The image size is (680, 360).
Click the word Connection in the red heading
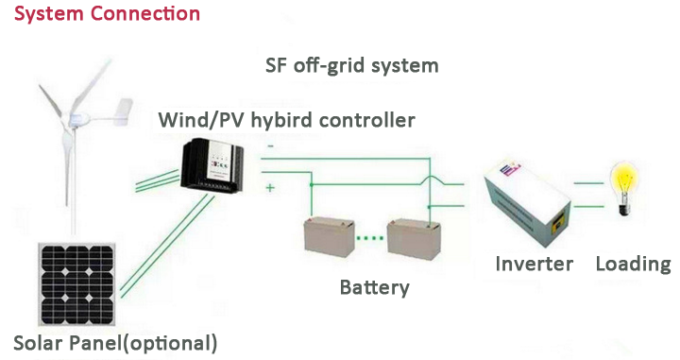(x=145, y=13)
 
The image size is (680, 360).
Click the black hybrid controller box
(x=212, y=164)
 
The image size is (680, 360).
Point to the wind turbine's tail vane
(x=124, y=111)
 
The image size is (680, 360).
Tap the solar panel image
(x=77, y=284)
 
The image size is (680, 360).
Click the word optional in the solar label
(x=169, y=344)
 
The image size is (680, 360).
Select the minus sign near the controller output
(x=271, y=146)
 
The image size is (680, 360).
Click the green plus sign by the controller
(x=270, y=188)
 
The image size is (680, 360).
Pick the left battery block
(x=329, y=236)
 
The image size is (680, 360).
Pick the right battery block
(x=414, y=239)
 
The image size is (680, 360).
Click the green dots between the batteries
(x=370, y=238)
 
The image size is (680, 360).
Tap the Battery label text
(x=375, y=287)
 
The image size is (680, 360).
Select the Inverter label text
(x=535, y=264)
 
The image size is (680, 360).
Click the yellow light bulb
(x=624, y=188)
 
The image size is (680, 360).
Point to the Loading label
(x=633, y=265)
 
